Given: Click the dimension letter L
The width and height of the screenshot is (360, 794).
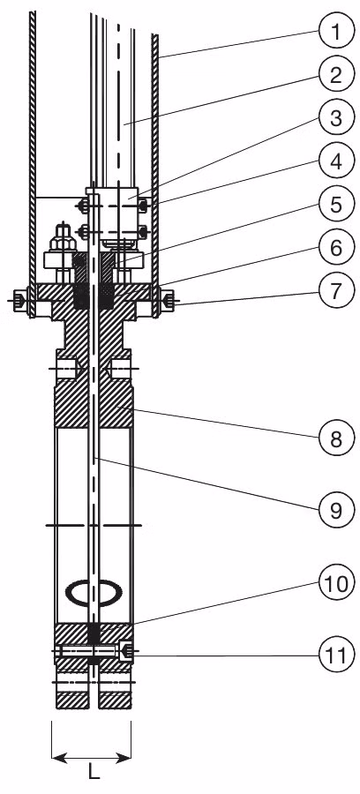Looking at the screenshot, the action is point(94,773).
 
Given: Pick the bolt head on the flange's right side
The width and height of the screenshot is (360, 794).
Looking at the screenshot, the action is point(167,299).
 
